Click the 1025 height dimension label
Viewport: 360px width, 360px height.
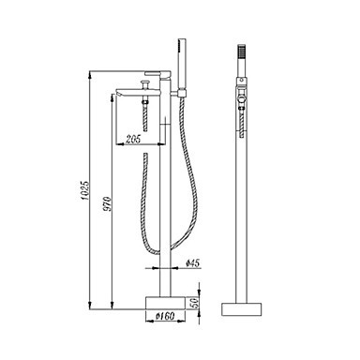pyautogui.click(x=85, y=190)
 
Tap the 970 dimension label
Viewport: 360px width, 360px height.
pyautogui.click(x=107, y=203)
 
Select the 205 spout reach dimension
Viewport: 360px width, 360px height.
pyautogui.click(x=133, y=139)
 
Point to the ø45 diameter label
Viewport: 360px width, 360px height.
pyautogui.click(x=192, y=263)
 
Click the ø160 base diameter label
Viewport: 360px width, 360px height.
pyautogui.click(x=165, y=316)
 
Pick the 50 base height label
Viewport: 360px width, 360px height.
pyautogui.click(x=194, y=304)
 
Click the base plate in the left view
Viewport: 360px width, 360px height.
pyautogui.click(x=166, y=304)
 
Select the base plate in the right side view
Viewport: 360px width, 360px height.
pyautogui.click(x=242, y=308)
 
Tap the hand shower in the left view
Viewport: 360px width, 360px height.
pyautogui.click(x=182, y=63)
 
